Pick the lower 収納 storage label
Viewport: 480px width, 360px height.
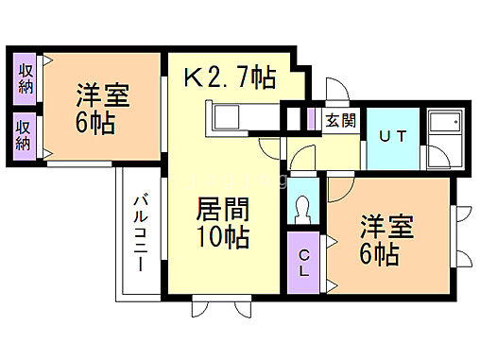click(25, 134)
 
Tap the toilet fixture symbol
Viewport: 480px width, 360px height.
click(303, 207)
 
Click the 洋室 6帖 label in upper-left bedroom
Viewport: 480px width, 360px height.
click(101, 109)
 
